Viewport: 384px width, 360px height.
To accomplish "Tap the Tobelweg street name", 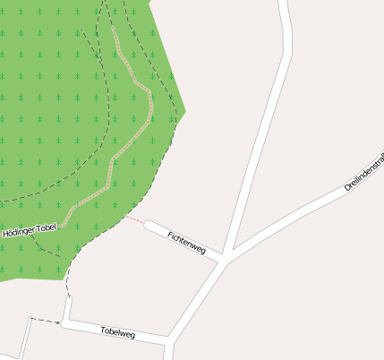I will [117, 333].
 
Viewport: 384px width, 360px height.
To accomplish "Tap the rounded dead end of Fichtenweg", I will [149, 225].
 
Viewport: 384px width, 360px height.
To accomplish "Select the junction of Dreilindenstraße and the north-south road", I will [230, 250].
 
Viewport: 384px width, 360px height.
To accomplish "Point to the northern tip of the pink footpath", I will [113, 27].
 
